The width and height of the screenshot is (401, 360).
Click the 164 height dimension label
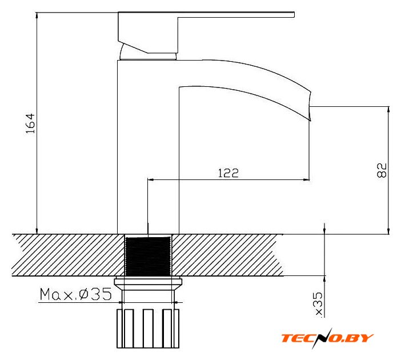30,123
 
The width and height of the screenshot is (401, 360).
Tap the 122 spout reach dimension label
228,173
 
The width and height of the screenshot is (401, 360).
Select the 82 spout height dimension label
382,170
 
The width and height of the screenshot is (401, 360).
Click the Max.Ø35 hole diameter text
76,294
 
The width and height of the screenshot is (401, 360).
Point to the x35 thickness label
319,305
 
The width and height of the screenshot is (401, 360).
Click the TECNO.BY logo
327,338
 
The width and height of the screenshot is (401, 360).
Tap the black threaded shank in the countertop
149,257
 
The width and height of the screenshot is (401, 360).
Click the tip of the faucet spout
310,120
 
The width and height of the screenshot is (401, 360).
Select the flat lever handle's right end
294,15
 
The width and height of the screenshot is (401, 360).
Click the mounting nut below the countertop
148,285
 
